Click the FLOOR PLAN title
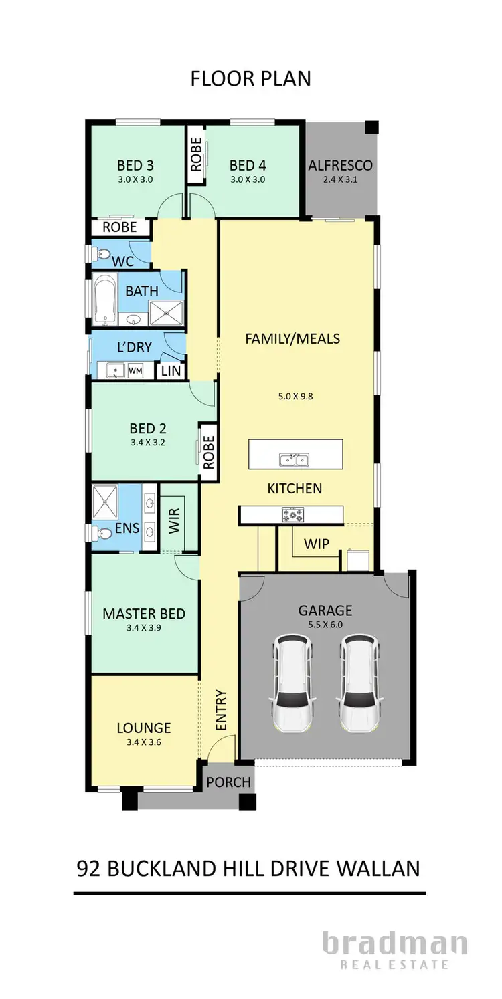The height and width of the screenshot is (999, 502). (250, 78)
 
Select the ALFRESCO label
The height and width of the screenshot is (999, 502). (340, 165)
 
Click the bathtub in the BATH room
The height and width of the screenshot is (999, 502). (104, 300)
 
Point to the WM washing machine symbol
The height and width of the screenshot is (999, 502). (135, 369)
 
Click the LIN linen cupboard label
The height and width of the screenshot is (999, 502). (171, 370)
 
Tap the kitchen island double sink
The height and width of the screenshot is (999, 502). (294, 459)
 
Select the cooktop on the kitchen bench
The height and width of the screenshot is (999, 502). (292, 514)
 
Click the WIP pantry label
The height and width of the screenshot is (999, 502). (317, 544)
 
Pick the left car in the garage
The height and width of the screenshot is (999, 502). (292, 683)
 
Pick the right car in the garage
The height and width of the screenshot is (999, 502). (358, 683)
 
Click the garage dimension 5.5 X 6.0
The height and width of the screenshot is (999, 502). (325, 626)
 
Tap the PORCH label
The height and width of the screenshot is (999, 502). (228, 782)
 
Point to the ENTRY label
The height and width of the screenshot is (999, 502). (222, 710)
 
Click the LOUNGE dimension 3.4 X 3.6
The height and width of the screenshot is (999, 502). (143, 742)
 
